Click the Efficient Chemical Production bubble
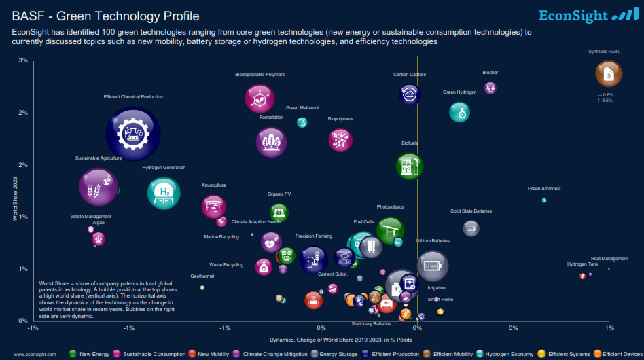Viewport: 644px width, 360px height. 133,134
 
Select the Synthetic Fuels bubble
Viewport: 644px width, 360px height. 608,74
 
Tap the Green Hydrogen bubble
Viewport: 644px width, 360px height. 460,112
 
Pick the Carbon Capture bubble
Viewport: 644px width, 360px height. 410,94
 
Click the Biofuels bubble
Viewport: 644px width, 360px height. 410,165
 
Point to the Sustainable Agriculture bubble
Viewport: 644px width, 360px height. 99,187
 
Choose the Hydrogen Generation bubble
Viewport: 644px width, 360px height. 164,193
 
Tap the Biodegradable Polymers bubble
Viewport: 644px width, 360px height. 260,99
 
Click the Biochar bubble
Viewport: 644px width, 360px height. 490,88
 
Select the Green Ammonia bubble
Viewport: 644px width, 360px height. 544,200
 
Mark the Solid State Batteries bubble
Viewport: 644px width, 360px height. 471,228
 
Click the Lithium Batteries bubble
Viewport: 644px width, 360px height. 432,266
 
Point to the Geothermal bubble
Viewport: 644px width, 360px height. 202,288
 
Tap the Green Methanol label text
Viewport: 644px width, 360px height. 302,108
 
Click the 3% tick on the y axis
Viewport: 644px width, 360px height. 23,60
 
